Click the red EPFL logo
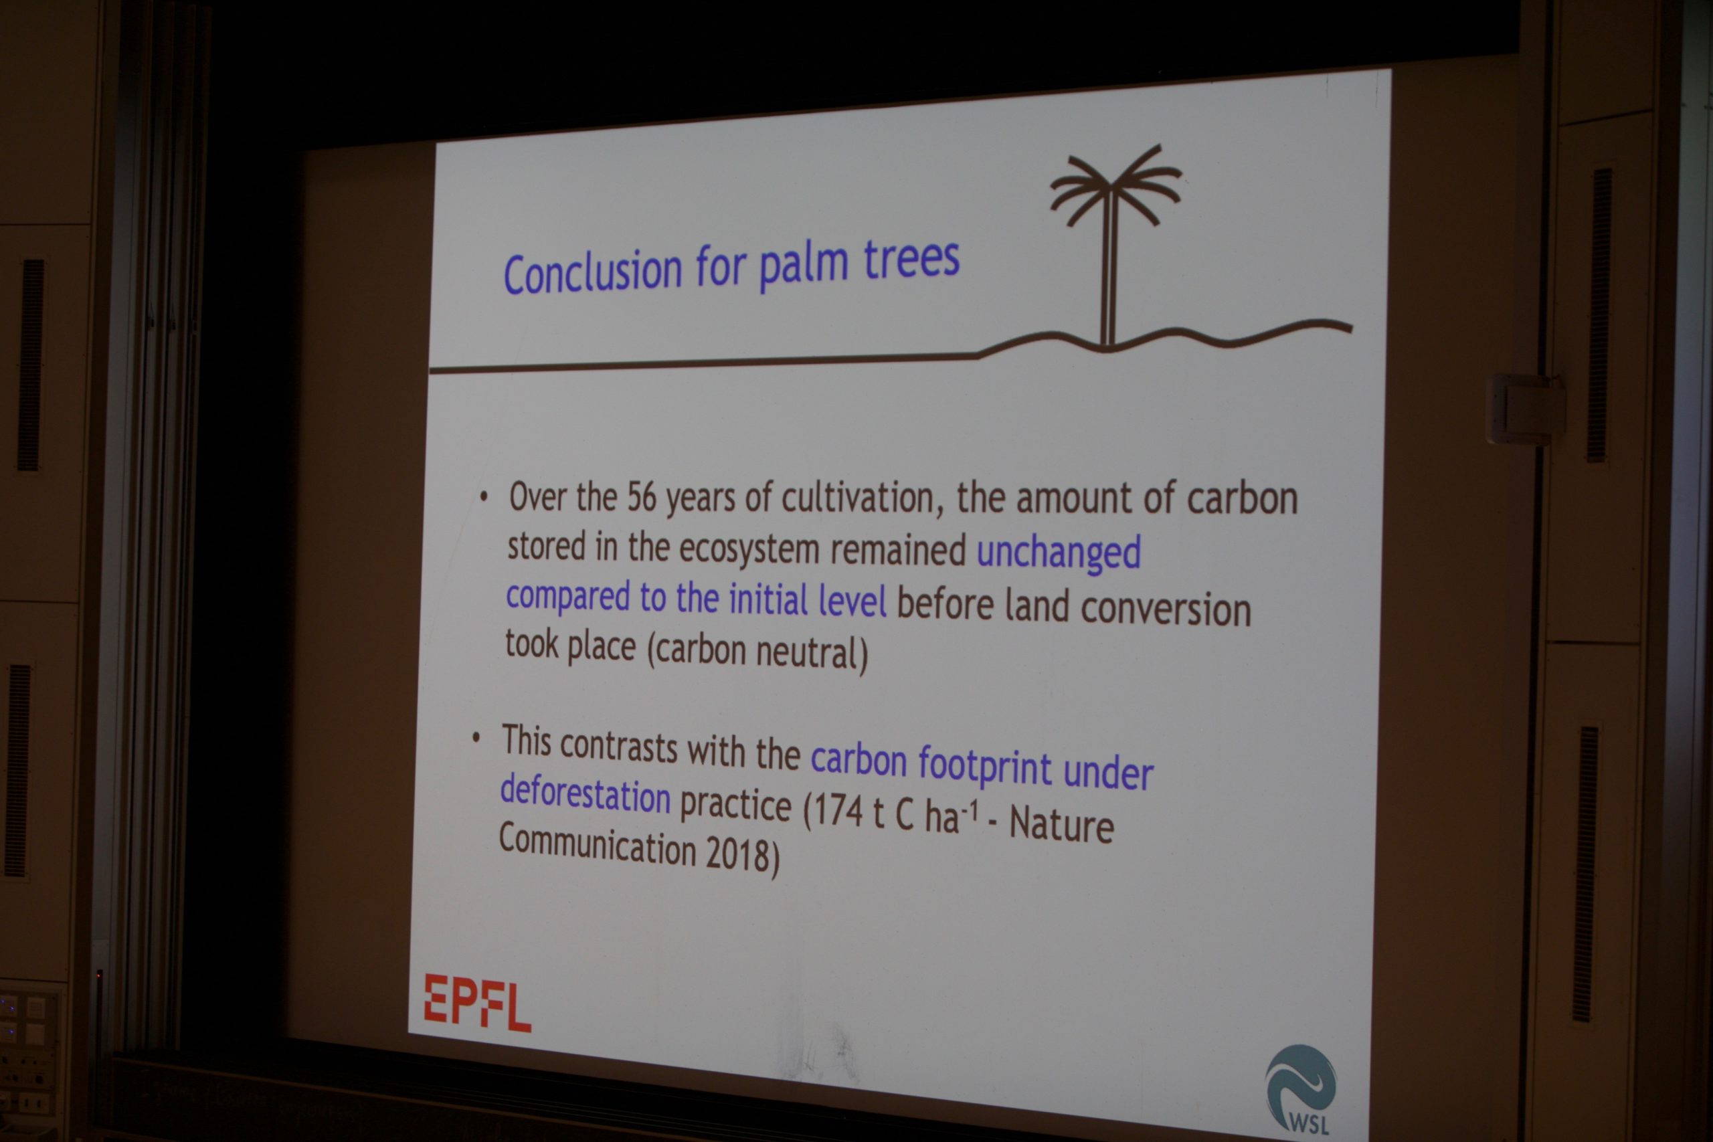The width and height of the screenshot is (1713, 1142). pos(477,1003)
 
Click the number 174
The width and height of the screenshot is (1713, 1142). pos(838,810)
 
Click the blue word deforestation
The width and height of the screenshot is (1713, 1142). pos(585,791)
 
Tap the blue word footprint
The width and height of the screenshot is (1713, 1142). pos(986,766)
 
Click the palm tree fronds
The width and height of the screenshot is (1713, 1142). pos(1114,186)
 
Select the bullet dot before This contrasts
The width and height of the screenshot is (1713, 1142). pos(476,739)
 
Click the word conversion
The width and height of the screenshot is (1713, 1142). pos(1165,609)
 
